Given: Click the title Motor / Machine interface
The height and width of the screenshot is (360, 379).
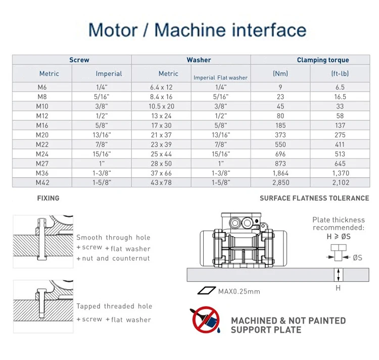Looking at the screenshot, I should pyautogui.click(x=197, y=30).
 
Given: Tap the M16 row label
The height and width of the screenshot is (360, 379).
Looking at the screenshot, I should pyautogui.click(x=42, y=125).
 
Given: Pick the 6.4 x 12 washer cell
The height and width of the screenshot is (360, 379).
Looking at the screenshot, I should pyautogui.click(x=161, y=87).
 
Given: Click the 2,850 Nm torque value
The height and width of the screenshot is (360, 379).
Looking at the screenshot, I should pyautogui.click(x=280, y=182).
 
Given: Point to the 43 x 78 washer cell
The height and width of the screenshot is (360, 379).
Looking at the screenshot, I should pyautogui.click(x=161, y=182).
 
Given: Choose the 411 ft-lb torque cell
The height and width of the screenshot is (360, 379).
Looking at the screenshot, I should pyautogui.click(x=340, y=144).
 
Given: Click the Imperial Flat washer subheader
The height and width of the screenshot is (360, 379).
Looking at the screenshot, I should pyautogui.click(x=221, y=78).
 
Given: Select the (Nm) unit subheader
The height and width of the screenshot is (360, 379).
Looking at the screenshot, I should pyautogui.click(x=280, y=74).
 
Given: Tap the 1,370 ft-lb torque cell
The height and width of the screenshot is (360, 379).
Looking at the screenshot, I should pyautogui.click(x=340, y=172).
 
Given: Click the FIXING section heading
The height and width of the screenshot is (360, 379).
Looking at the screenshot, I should pyautogui.click(x=48, y=198).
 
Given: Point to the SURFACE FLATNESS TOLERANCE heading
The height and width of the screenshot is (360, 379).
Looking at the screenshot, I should pyautogui.click(x=314, y=198).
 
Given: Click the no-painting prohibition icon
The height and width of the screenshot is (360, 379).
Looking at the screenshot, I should pyautogui.click(x=206, y=320).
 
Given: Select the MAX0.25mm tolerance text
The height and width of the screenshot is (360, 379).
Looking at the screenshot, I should pyautogui.click(x=239, y=291).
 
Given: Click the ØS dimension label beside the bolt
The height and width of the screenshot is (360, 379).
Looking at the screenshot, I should pyautogui.click(x=357, y=257).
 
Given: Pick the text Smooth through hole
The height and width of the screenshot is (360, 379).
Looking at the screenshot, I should pyautogui.click(x=113, y=237).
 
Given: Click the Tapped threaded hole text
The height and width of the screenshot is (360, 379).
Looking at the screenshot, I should pyautogui.click(x=114, y=306).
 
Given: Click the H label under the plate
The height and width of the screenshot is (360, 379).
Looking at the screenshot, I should pyautogui.click(x=338, y=288).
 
